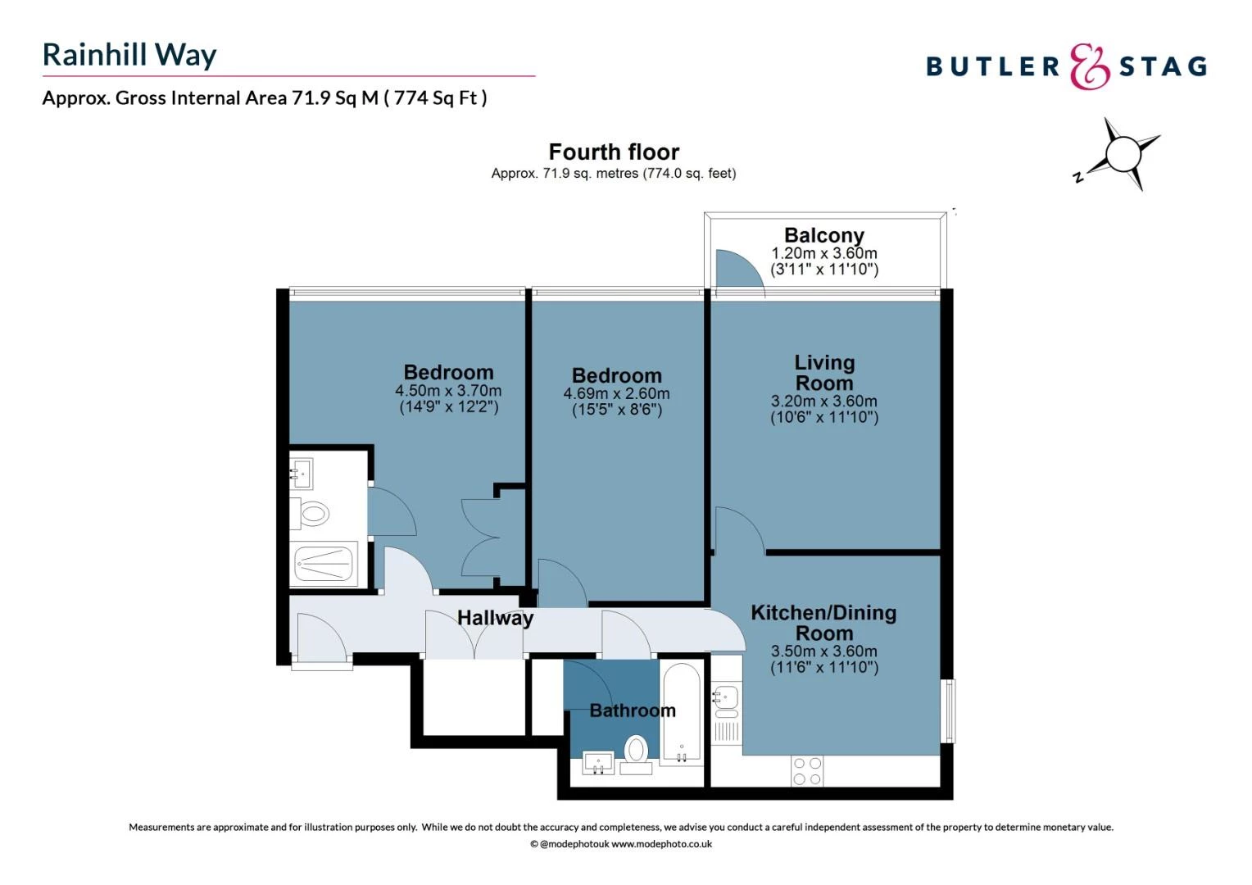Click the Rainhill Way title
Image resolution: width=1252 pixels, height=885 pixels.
click(x=129, y=55)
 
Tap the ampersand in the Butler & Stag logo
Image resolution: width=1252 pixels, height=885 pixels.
click(x=1089, y=66)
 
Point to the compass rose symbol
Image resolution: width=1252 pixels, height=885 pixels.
click(x=1122, y=153)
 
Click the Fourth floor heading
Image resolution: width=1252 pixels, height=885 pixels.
click(x=614, y=152)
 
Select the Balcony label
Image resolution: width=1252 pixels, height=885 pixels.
click(x=823, y=236)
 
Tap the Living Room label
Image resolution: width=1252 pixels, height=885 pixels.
click(x=823, y=373)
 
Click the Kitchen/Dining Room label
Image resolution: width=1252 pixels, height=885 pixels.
click(x=823, y=623)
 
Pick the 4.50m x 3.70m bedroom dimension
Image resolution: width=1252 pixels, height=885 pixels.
click(x=448, y=392)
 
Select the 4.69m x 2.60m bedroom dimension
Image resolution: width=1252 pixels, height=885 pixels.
click(x=616, y=394)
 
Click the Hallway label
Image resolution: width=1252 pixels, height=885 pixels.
click(x=495, y=618)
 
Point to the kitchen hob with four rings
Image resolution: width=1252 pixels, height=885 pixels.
click(x=807, y=771)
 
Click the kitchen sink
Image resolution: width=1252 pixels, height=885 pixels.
click(x=726, y=699)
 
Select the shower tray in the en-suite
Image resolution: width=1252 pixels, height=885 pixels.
click(x=324, y=563)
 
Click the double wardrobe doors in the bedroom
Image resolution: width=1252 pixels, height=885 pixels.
click(x=482, y=538)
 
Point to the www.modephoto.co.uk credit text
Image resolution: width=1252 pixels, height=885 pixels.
click(x=661, y=844)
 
